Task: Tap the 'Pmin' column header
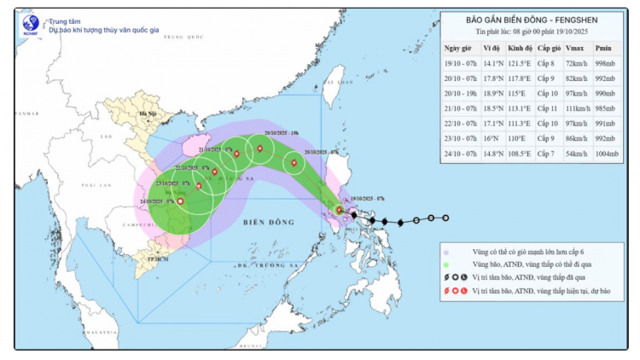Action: pos(602,48)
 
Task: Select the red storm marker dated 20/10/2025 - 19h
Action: pos(259,150)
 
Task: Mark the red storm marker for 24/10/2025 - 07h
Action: pos(180,201)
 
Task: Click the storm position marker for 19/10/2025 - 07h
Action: pos(340,209)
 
